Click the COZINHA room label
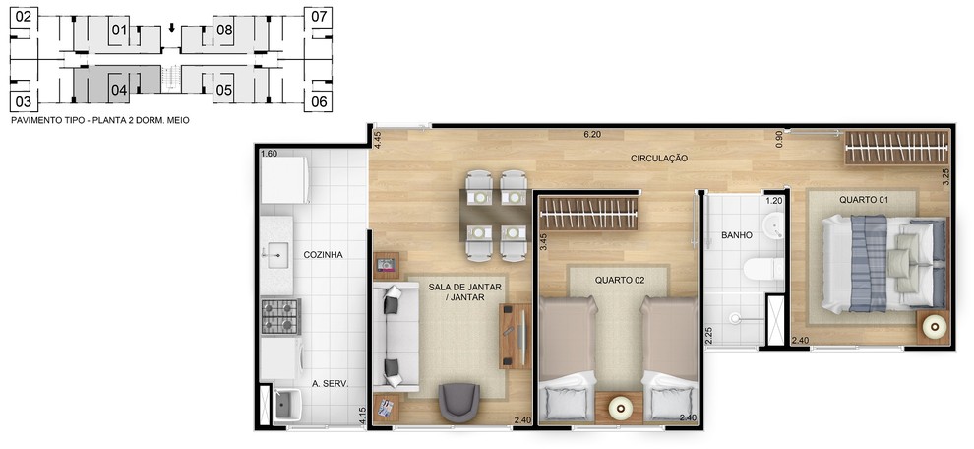click(x=323, y=255)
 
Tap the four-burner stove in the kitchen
click(x=280, y=317)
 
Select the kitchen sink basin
click(x=277, y=254)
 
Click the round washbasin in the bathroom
click(x=774, y=225)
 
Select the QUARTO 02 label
click(x=619, y=280)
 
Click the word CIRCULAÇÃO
click(x=659, y=159)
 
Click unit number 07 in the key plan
click(x=318, y=17)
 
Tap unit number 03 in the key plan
click(x=23, y=101)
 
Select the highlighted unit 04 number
click(x=119, y=91)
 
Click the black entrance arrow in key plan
click(x=172, y=29)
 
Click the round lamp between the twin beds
click(x=619, y=408)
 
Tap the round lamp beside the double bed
click(x=934, y=327)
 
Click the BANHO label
click(x=737, y=235)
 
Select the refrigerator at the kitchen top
click(x=285, y=180)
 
